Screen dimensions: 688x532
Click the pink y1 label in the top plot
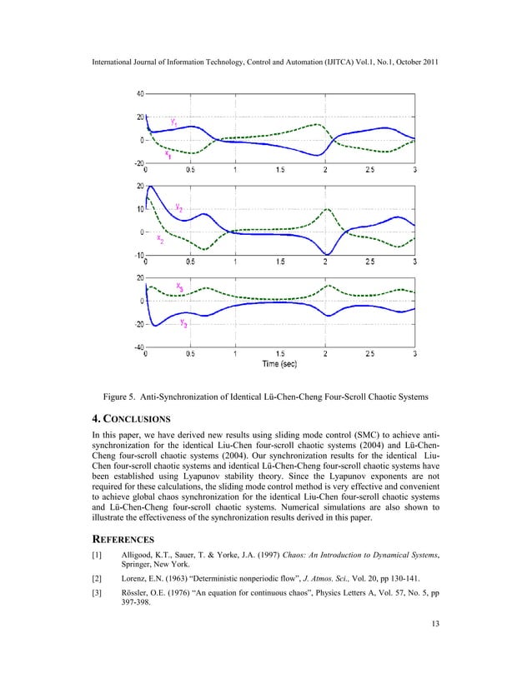(x=173, y=122)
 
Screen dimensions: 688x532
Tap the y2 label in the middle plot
(x=179, y=207)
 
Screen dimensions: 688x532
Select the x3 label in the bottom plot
(x=180, y=287)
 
